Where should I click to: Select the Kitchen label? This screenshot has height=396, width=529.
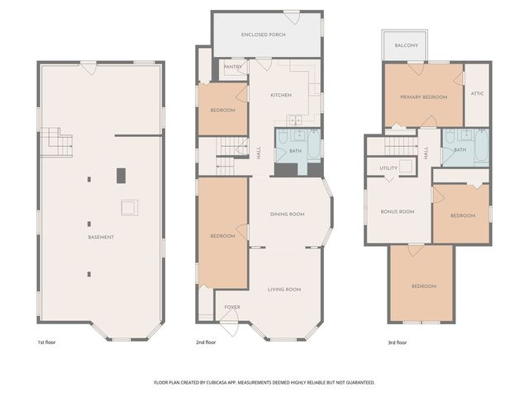point(281,96)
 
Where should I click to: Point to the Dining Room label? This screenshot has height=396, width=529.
point(287,214)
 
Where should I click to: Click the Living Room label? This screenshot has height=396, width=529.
point(284,290)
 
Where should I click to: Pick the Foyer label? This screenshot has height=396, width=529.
point(232,308)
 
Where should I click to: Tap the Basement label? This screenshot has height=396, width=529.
point(101,238)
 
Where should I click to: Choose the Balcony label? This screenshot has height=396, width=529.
point(406,45)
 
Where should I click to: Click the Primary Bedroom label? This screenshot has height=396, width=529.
point(423,97)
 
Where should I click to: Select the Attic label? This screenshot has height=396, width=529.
point(477,93)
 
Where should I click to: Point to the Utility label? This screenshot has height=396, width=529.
point(388,167)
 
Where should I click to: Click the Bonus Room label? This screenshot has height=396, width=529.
point(397,212)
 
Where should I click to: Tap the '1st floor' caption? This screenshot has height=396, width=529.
point(46,342)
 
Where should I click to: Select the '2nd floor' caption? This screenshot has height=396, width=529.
point(205,342)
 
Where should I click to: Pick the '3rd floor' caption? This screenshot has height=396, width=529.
point(397,342)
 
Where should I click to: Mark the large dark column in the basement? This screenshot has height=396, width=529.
point(121,175)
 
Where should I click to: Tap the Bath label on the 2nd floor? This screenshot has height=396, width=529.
point(295,151)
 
